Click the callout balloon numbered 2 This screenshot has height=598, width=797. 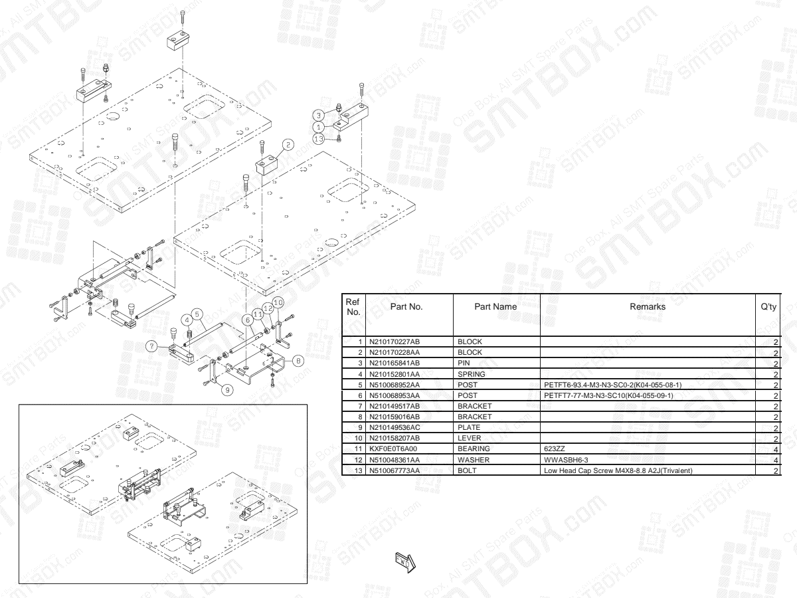[288, 144]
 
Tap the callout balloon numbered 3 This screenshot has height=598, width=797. [319, 115]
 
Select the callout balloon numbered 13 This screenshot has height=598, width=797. [319, 138]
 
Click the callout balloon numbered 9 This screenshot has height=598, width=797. [227, 390]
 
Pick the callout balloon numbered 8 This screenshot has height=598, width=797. [298, 361]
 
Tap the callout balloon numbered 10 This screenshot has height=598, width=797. [278, 302]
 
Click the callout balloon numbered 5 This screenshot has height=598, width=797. [197, 313]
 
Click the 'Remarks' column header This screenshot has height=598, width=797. [648, 307]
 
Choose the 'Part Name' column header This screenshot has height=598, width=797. [496, 307]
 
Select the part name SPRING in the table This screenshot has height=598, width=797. [472, 373]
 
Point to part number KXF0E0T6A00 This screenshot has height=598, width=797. [397, 449]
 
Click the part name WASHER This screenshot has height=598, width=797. [474, 460]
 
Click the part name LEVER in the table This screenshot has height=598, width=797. [469, 439]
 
